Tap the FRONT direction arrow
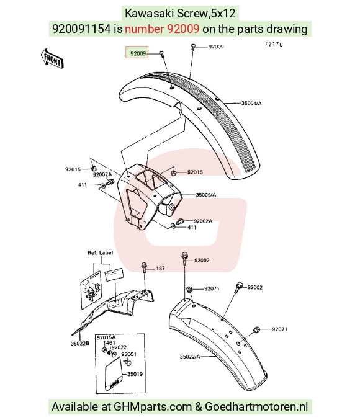click(x=52, y=59)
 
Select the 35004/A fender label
click(x=251, y=103)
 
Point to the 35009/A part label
click(x=205, y=195)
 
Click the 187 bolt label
click(x=160, y=268)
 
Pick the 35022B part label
click(x=80, y=344)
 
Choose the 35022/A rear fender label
click(x=190, y=357)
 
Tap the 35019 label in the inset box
click(x=135, y=374)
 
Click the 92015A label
click(x=106, y=337)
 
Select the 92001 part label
click(x=128, y=354)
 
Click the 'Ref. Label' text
click(x=101, y=253)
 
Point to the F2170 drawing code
click(x=274, y=44)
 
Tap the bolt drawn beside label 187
click(x=144, y=267)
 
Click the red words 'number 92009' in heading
click(x=162, y=29)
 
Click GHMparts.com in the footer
click(x=153, y=406)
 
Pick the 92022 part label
click(x=119, y=347)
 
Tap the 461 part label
click(x=110, y=342)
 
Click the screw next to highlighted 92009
click(x=161, y=54)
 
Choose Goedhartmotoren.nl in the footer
click(x=256, y=406)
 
